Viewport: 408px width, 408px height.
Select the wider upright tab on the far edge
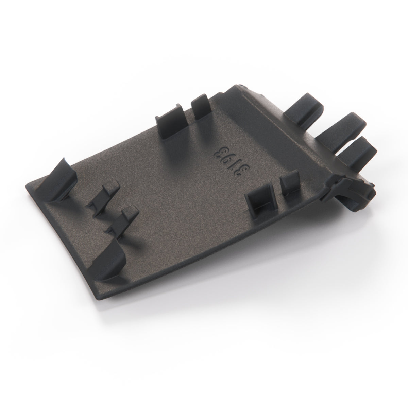[x=172, y=122]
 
